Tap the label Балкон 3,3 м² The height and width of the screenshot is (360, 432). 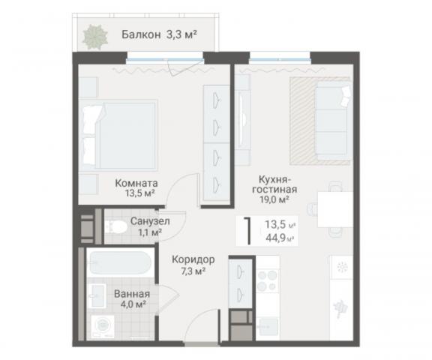pos(154,34)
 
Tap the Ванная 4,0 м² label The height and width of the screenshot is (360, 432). pos(131,298)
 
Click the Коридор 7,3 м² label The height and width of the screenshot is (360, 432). pos(193,264)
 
